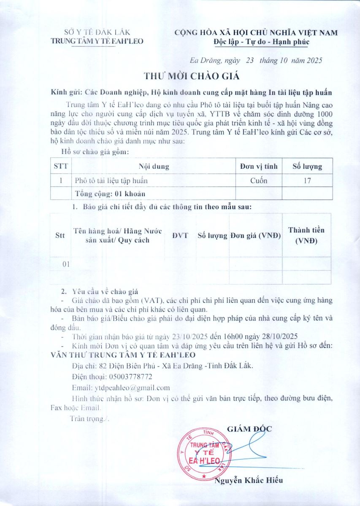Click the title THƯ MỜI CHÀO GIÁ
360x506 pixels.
(191, 76)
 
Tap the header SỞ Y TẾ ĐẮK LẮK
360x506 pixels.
(97, 32)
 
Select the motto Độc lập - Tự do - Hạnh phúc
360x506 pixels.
(261, 42)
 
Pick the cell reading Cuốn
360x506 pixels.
(258, 180)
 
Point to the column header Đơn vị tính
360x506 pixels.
(258, 166)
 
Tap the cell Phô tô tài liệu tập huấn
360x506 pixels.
(111, 180)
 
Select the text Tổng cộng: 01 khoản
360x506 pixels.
(110, 194)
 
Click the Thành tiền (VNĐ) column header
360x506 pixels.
(306, 236)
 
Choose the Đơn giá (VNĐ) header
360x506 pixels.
(256, 235)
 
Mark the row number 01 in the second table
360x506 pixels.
(65, 264)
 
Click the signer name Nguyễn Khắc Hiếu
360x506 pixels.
(249, 480)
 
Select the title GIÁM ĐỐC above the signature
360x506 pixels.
(249, 429)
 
